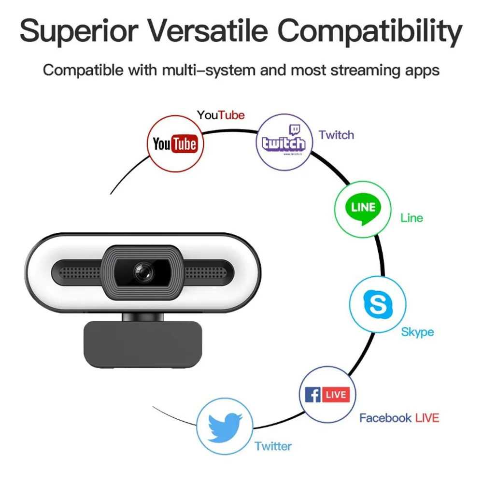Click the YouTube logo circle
tap(174, 143)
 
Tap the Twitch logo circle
tap(284, 141)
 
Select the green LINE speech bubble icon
tap(363, 209)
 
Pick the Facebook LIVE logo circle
tap(327, 395)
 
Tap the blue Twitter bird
tap(225, 426)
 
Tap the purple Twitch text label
tap(336, 135)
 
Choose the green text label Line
tap(412, 218)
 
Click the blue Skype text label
tap(417, 332)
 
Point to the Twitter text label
tap(273, 446)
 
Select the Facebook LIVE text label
tap(399, 418)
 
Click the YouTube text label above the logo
tap(221, 115)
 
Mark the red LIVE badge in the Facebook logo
tap(336, 395)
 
